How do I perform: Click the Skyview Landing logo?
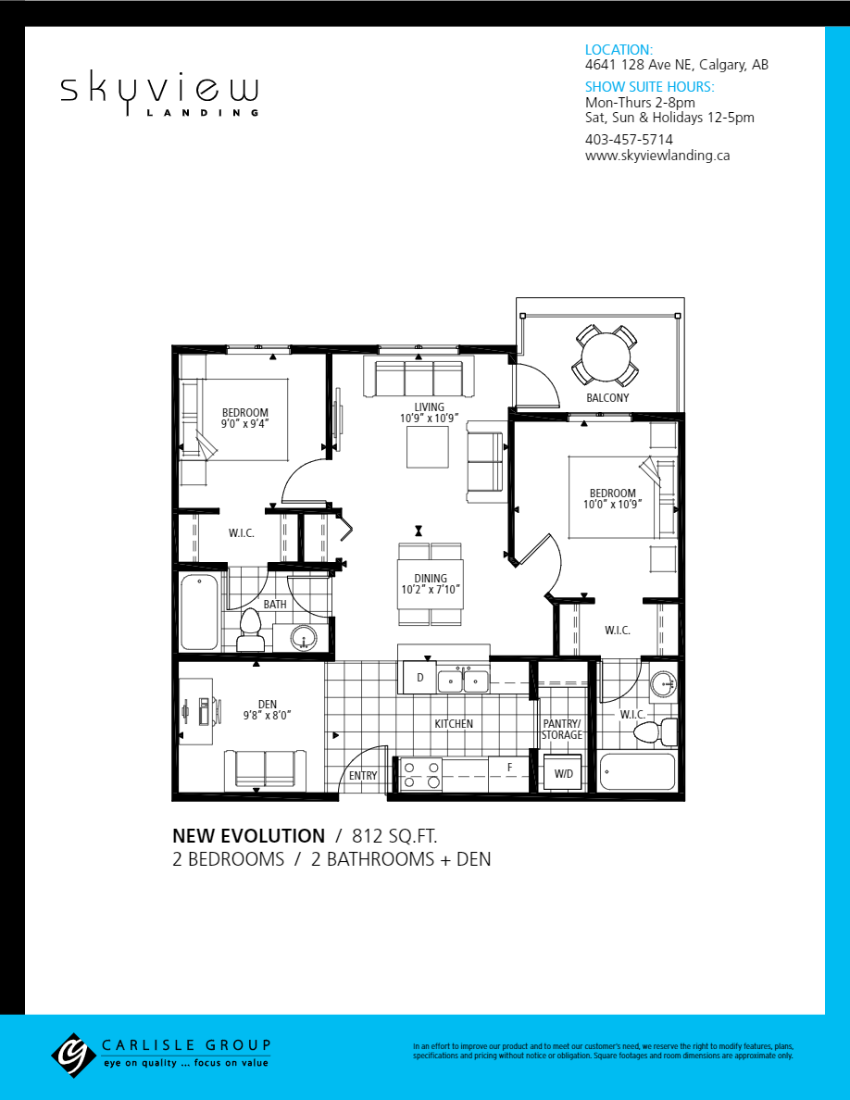click(159, 94)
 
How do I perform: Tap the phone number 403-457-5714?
click(629, 140)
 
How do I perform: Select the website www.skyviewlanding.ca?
click(657, 156)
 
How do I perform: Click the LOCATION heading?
click(619, 50)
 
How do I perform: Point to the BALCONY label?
click(607, 398)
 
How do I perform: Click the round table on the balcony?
click(606, 356)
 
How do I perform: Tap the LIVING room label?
click(429, 406)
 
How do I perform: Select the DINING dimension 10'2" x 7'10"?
click(431, 590)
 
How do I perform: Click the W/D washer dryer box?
click(562, 773)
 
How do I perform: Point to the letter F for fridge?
click(509, 768)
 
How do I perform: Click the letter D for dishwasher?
click(419, 678)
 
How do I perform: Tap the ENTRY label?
click(363, 776)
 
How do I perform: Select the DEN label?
click(267, 705)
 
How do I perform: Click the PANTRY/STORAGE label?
click(562, 729)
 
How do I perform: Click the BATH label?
click(275, 605)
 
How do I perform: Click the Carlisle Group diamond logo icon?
click(73, 1053)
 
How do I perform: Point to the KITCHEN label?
click(454, 724)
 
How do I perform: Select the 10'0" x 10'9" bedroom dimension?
click(613, 505)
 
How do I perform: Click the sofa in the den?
click(266, 768)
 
